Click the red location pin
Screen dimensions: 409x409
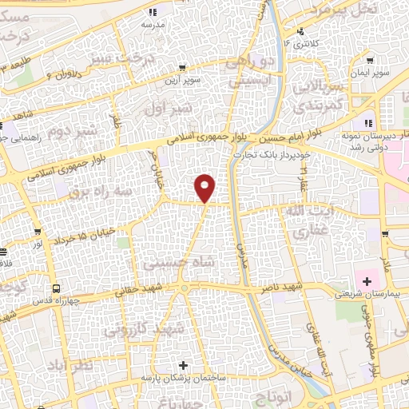coord(205,188)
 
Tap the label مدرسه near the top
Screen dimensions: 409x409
coord(153,25)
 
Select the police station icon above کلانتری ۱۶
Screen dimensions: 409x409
coord(300,33)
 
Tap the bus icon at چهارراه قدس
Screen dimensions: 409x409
coord(56,288)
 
